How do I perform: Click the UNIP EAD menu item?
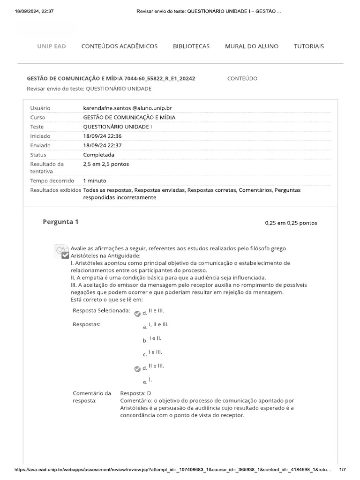(52, 46)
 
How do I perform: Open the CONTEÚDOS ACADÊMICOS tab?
(120, 46)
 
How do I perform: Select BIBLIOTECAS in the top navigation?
(191, 46)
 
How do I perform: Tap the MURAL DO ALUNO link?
(252, 46)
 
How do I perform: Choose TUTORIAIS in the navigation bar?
(309, 46)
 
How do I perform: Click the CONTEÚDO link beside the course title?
(242, 78)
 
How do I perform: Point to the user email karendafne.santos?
(127, 108)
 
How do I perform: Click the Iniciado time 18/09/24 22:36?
(102, 136)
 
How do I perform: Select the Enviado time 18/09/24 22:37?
(102, 145)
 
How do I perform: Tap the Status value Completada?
(98, 155)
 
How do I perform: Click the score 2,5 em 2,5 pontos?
(106, 164)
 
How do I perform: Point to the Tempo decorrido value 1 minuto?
(95, 180)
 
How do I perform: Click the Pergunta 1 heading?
(60, 222)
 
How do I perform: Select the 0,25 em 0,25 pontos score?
(291, 223)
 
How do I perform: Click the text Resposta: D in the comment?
(135, 393)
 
